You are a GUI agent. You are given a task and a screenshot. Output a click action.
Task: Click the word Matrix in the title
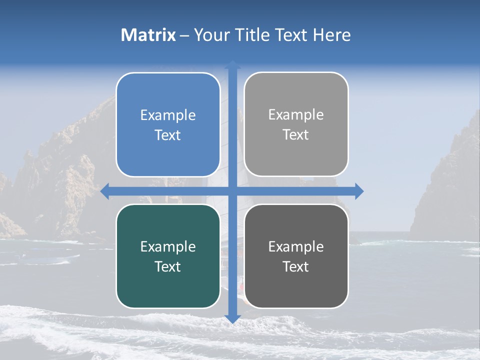148,35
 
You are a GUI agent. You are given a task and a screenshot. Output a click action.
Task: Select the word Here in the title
332,35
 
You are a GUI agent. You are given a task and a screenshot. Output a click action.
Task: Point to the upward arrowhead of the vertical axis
232,64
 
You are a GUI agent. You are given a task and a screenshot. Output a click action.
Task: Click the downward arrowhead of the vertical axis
232,319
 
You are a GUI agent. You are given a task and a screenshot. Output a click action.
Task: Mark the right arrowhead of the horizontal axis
359,191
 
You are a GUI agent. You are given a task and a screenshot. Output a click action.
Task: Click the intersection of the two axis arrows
232,191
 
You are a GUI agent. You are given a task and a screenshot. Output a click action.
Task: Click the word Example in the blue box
168,115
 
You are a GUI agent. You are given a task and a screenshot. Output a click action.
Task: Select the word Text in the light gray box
296,134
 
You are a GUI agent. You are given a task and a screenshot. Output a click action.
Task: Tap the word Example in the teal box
168,246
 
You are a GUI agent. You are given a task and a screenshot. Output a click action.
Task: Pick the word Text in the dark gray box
296,266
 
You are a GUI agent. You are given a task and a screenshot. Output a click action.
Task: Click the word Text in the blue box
168,135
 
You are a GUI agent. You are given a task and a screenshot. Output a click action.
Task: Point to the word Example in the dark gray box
296,246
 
